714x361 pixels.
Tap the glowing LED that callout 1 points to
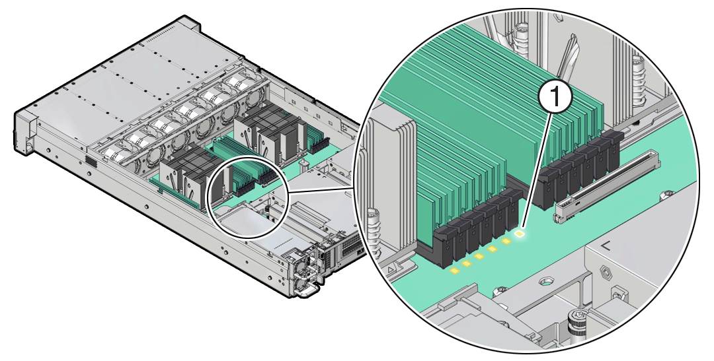pos(521,232)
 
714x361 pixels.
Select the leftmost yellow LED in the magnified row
pos(454,270)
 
